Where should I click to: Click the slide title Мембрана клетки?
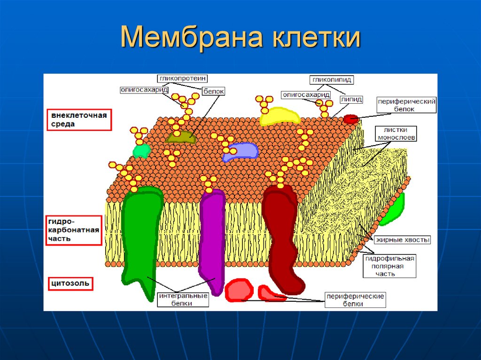[x=240, y=38]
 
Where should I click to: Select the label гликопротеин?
[x=183, y=78]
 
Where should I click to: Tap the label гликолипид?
[x=331, y=80]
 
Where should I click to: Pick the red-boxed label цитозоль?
[x=70, y=283]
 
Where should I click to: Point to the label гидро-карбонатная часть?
[x=74, y=230]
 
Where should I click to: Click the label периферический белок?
[x=407, y=105]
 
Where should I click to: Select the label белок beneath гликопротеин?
[x=214, y=92]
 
